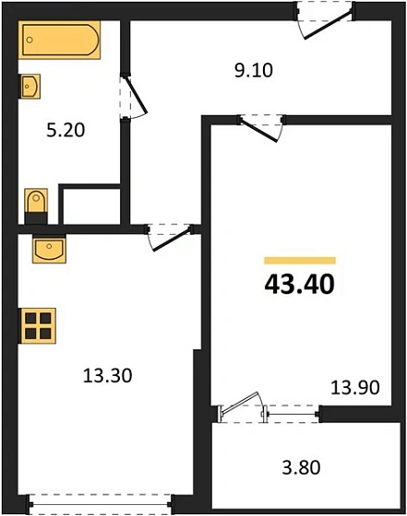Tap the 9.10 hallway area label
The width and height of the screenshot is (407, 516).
255,69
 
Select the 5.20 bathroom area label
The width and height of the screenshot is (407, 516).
66,130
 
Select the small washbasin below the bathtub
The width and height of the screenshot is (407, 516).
30,87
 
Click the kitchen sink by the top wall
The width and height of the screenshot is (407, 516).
47,250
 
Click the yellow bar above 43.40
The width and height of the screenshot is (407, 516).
299,261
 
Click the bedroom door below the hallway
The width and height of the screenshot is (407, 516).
260,125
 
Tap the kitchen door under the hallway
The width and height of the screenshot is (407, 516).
169,236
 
